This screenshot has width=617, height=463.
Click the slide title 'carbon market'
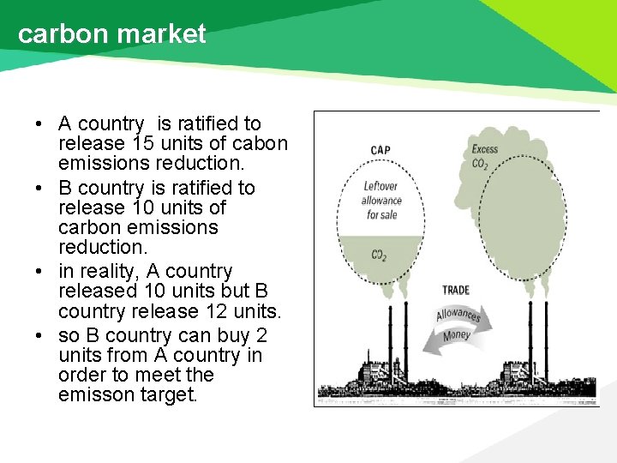pyautogui.click(x=111, y=33)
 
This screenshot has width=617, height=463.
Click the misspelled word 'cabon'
pyautogui.click(x=261, y=144)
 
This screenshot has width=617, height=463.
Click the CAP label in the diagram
pyautogui.click(x=380, y=150)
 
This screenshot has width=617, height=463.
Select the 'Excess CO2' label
pyautogui.click(x=484, y=156)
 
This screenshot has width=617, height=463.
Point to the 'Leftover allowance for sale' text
pyautogui.click(x=381, y=200)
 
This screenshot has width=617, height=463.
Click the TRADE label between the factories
pyautogui.click(x=456, y=291)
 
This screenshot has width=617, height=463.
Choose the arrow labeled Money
pyautogui.click(x=457, y=335)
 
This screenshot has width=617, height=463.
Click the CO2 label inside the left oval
pyautogui.click(x=379, y=255)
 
